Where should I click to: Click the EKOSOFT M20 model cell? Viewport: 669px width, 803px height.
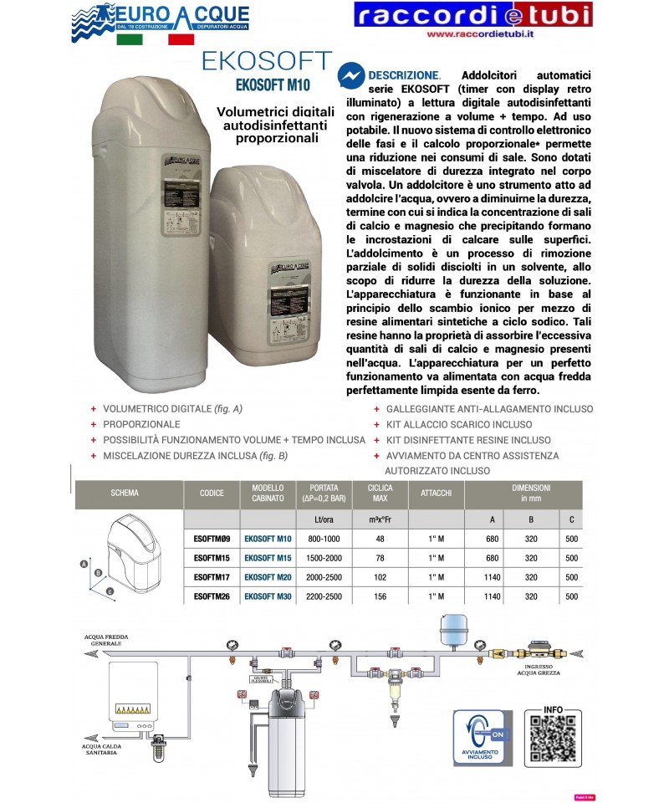267,576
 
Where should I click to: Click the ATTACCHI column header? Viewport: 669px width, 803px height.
437,494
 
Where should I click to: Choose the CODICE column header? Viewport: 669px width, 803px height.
212,494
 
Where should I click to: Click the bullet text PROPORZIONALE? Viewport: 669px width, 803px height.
141,425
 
